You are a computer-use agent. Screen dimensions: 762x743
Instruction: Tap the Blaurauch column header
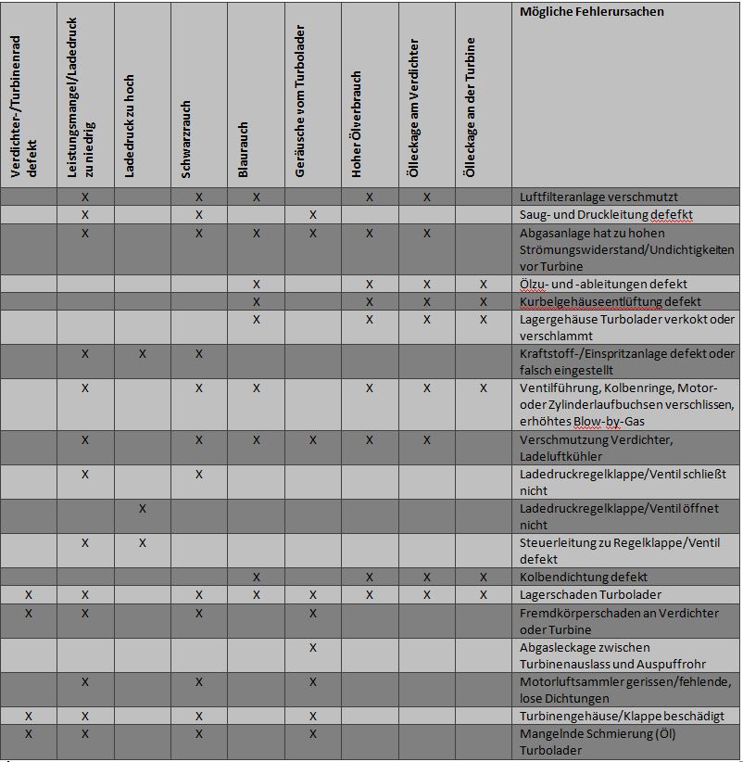(x=243, y=149)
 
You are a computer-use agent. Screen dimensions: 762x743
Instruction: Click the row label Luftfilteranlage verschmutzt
(x=598, y=197)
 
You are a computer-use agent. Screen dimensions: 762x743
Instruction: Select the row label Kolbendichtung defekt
(x=584, y=577)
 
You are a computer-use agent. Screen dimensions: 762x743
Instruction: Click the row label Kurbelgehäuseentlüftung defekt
(x=611, y=301)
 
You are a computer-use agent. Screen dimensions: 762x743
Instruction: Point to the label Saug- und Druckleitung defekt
(x=606, y=214)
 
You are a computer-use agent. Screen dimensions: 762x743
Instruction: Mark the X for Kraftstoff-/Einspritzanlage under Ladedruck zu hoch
(x=142, y=354)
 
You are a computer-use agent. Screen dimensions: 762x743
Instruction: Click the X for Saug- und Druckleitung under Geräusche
(x=313, y=215)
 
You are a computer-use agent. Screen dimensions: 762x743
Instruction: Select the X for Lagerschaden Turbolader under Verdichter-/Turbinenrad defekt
(x=28, y=595)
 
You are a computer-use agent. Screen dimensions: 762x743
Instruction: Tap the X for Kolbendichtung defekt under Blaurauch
(x=257, y=578)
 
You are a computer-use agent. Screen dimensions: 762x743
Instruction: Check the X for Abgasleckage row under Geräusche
(x=313, y=647)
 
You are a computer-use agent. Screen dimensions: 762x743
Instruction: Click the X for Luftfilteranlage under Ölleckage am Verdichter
(x=427, y=197)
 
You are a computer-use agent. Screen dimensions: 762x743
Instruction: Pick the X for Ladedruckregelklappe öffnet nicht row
(x=142, y=509)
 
